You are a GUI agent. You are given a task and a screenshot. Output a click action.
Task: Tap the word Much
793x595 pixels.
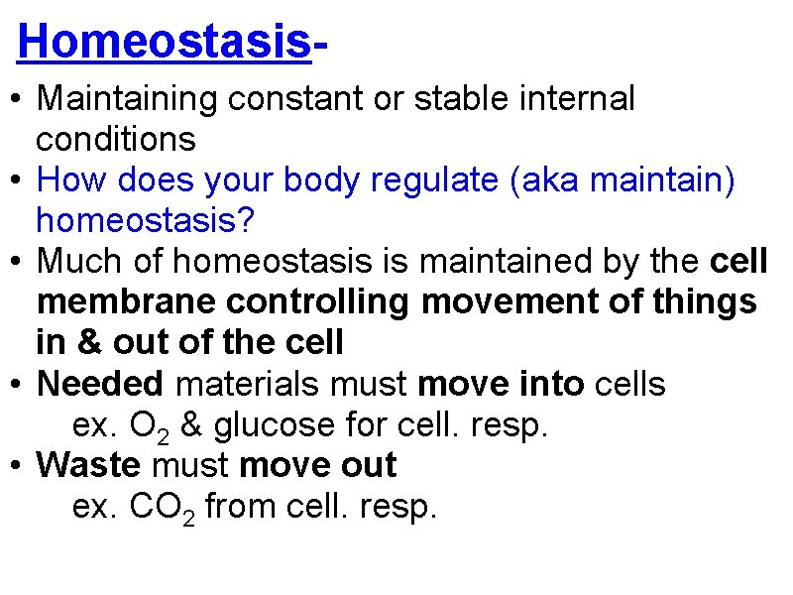click(x=74, y=262)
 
